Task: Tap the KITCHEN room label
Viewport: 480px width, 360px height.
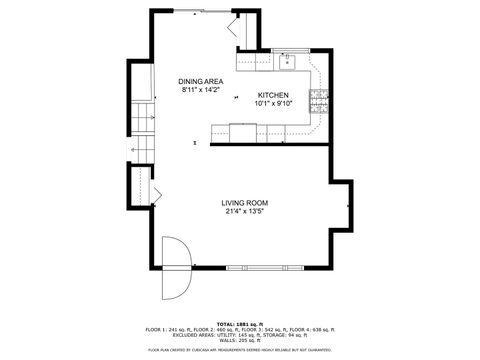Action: [x=272, y=95]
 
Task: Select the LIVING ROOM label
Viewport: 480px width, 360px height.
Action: [x=245, y=203]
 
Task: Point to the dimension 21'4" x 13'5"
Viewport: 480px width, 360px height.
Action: [x=245, y=212]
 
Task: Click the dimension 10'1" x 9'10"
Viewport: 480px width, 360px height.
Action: [x=272, y=103]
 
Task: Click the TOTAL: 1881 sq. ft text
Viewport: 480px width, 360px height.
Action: [x=240, y=324]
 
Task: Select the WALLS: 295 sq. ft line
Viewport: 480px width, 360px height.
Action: [x=240, y=341]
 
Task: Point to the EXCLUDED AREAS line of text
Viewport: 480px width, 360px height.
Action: [x=240, y=335]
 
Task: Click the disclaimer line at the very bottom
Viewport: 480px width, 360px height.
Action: [x=240, y=350]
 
